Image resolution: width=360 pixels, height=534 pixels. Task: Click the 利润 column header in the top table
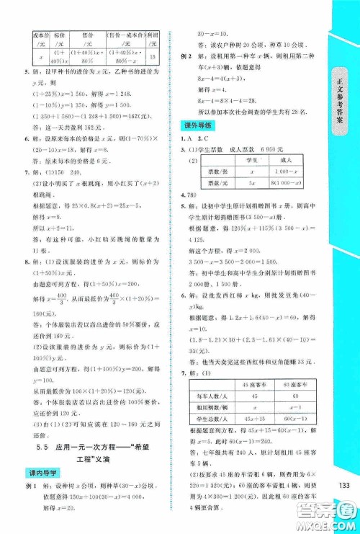153,37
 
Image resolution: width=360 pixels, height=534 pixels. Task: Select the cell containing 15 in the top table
153,56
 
